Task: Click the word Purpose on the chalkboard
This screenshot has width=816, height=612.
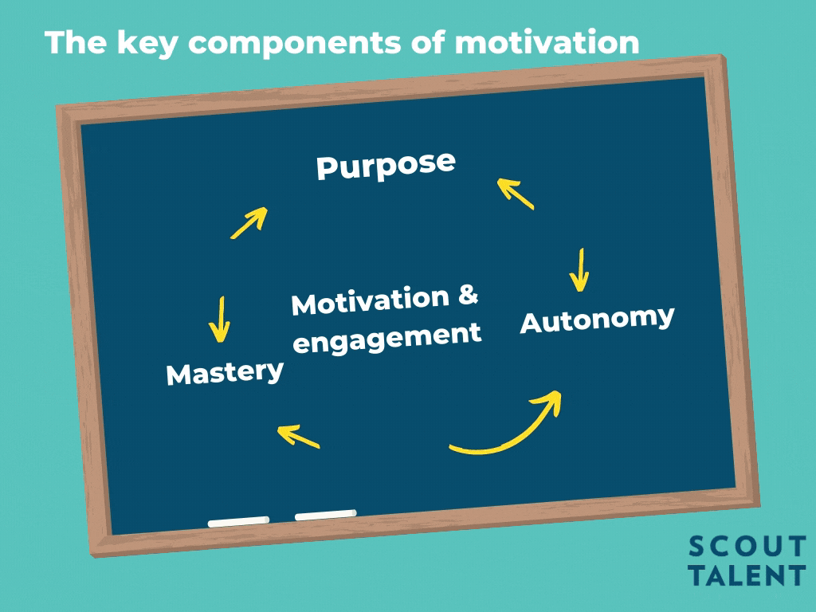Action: pyautogui.click(x=386, y=167)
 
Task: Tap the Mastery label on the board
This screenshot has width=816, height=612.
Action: pyautogui.click(x=225, y=373)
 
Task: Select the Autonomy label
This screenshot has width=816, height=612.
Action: pyautogui.click(x=598, y=320)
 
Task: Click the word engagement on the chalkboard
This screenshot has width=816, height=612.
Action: pyautogui.click(x=387, y=338)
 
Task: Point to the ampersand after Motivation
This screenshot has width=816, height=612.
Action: pyautogui.click(x=469, y=295)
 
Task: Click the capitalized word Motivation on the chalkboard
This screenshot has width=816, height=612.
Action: pyautogui.click(x=370, y=300)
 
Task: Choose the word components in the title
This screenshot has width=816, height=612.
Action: pyautogui.click(x=295, y=43)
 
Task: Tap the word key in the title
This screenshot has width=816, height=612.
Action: pyautogui.click(x=147, y=43)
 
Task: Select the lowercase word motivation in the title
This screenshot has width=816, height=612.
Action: pyautogui.click(x=547, y=42)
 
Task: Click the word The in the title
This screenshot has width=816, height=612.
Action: pyautogui.click(x=76, y=42)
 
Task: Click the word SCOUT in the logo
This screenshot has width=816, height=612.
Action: pyautogui.click(x=747, y=547)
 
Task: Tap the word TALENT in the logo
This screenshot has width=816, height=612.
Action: pyautogui.click(x=747, y=575)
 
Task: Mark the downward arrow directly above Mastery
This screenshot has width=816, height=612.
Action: pyautogui.click(x=220, y=319)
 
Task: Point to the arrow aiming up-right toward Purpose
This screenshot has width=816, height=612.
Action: pyautogui.click(x=249, y=223)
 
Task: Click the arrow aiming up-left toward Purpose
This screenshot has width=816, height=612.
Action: pyautogui.click(x=516, y=194)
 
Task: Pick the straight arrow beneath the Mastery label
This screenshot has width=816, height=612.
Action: pyautogui.click(x=298, y=436)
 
